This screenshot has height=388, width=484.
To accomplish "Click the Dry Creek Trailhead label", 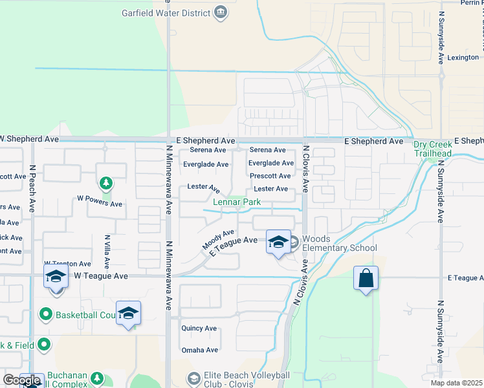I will (x=433, y=149).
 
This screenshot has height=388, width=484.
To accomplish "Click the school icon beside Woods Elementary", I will (x=278, y=242).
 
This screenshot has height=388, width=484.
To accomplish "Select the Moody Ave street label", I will (x=218, y=240).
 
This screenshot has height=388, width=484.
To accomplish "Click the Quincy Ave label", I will (x=199, y=329).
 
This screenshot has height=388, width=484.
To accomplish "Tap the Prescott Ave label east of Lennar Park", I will (x=270, y=176).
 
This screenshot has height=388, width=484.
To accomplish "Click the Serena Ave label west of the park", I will (x=208, y=150).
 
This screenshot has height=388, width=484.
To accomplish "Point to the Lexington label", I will (x=464, y=58).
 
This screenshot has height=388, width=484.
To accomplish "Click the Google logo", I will (x=21, y=380).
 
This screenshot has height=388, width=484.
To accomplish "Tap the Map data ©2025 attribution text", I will (x=456, y=383).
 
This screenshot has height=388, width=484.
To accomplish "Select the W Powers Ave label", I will (x=100, y=204).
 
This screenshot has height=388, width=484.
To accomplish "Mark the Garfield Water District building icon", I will (x=221, y=12).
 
